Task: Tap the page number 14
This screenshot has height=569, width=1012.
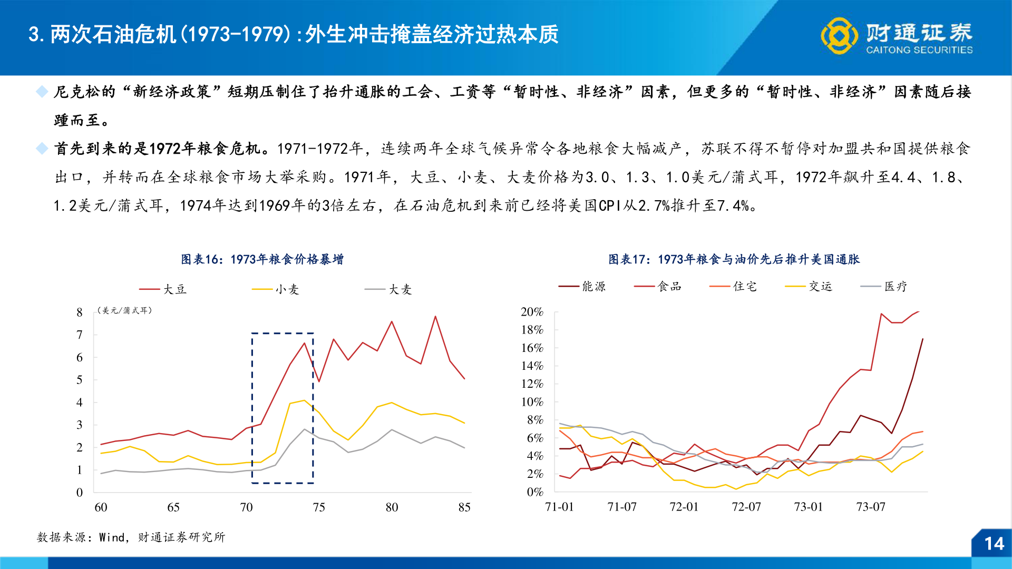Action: [994, 544]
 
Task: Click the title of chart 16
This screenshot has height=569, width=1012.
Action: [262, 259]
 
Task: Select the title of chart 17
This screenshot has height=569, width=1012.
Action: [734, 259]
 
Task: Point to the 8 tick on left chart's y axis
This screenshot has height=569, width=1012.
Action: [80, 312]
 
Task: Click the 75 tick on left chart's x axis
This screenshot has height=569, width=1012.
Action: [319, 507]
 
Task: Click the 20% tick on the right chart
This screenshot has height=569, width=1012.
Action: [532, 312]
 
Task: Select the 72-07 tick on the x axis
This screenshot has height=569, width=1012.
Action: [746, 506]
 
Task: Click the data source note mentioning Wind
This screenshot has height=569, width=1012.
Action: [131, 537]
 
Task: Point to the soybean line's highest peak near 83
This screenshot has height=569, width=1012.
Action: [435, 317]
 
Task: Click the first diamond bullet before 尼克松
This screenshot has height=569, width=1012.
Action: [42, 92]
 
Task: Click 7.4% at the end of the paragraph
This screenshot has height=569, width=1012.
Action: [733, 205]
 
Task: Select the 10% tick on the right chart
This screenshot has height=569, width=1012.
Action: [532, 402]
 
